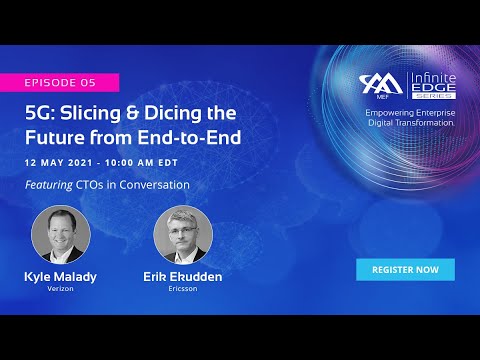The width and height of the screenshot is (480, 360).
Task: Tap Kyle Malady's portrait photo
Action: [61, 234]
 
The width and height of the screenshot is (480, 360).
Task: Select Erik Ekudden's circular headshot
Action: [183, 234]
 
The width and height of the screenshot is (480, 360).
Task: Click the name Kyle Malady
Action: [61, 276]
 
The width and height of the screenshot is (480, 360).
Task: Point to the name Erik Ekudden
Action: [183, 276]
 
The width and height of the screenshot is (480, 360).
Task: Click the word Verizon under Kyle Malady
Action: [61, 289]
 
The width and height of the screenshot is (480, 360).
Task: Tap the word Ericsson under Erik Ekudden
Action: [183, 289]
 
